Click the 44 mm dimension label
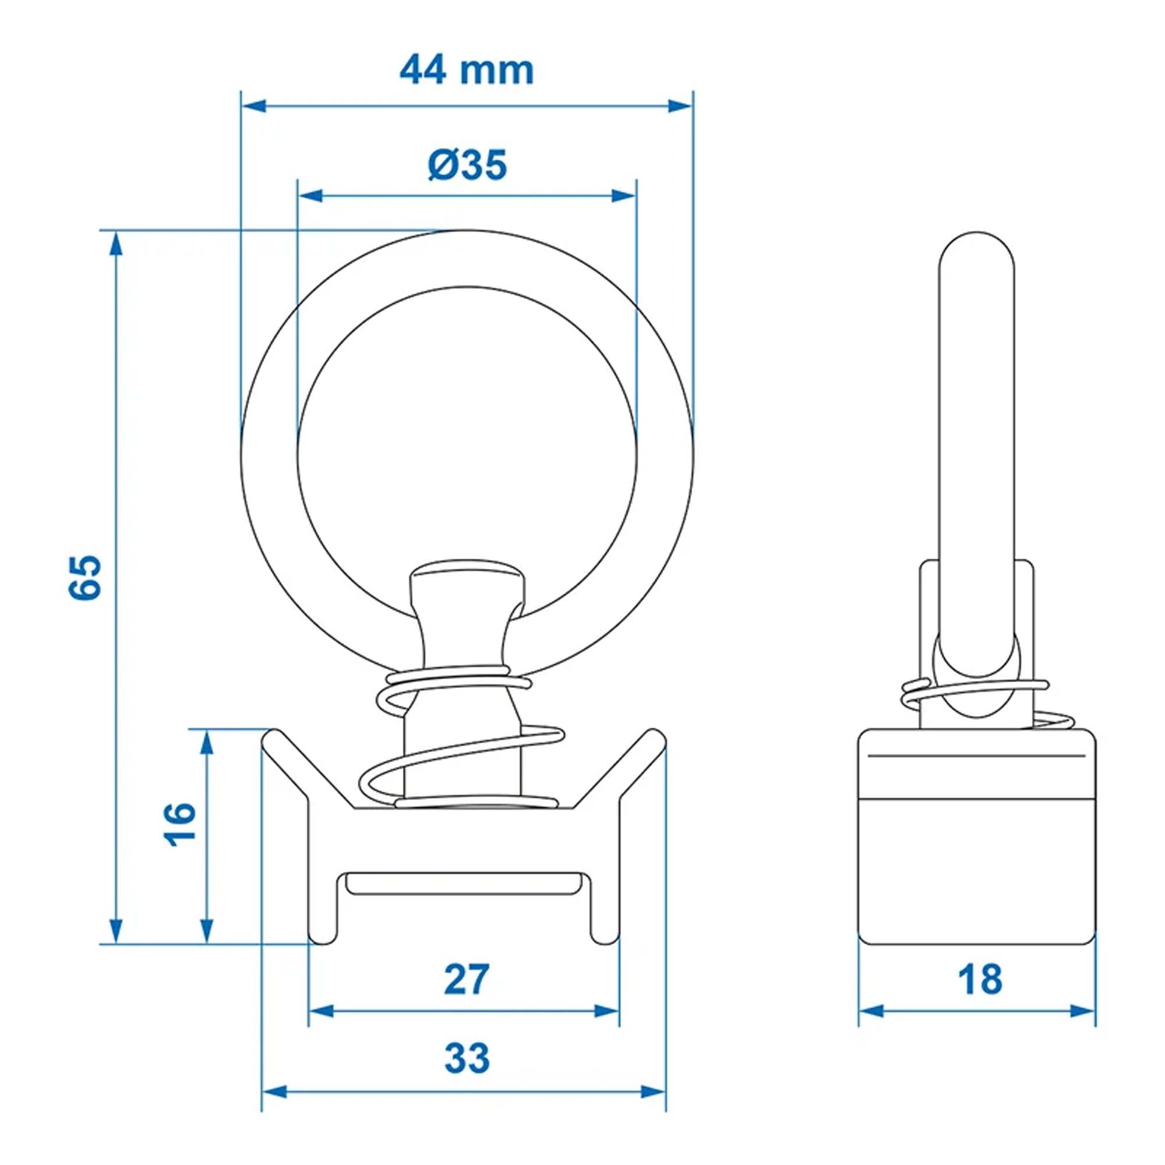[x=467, y=70]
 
